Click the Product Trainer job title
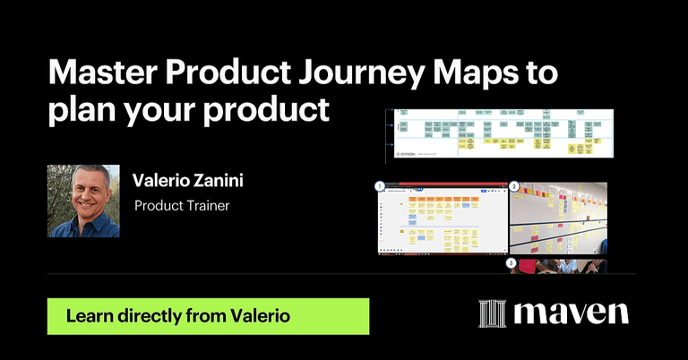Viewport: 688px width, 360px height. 182,206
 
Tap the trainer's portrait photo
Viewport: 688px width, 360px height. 83,201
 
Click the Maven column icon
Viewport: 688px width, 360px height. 494,313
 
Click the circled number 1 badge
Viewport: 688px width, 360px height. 379,186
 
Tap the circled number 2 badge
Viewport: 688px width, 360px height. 513,186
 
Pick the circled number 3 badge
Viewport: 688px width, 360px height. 512,263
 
